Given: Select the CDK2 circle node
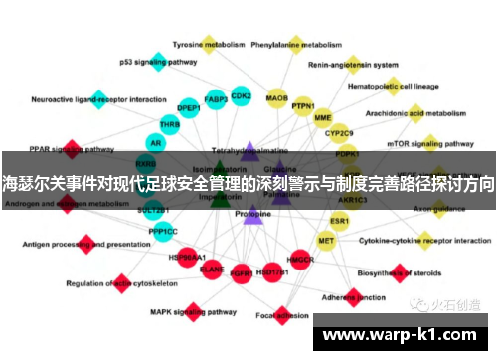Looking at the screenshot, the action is [x=241, y=96].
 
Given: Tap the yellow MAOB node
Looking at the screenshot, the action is [x=277, y=99].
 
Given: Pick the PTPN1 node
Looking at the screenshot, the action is [x=303, y=106].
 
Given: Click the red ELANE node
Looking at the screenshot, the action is [x=212, y=269].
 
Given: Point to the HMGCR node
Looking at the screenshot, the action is [x=300, y=261].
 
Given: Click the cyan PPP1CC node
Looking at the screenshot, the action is [x=163, y=231].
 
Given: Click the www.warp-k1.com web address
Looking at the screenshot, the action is [x=403, y=335].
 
